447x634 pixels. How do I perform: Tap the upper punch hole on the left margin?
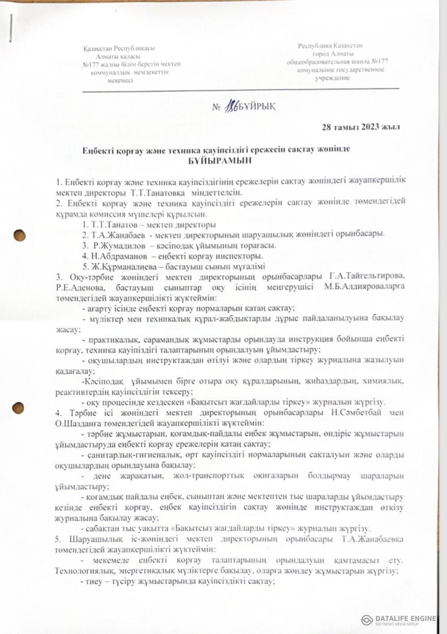pos(18,236)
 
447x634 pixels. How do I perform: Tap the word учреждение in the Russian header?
pos(332,78)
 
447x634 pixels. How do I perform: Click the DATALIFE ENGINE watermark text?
pos(405,618)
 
